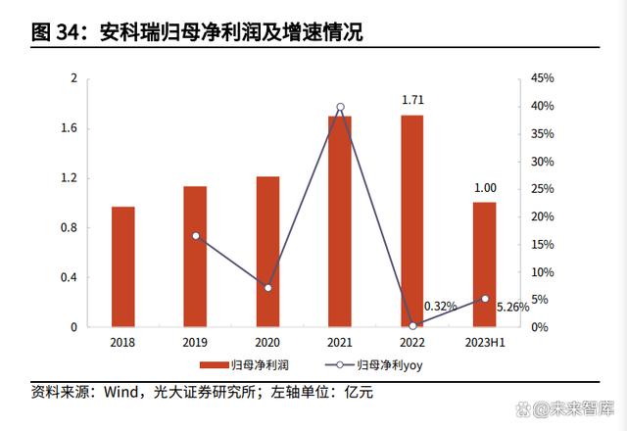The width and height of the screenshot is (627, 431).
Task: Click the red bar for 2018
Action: coord(122,266)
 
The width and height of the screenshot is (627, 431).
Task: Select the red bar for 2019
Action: coord(195,257)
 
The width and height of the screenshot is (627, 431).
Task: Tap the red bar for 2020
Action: coord(267,252)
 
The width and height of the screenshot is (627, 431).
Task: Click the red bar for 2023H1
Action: coord(484,264)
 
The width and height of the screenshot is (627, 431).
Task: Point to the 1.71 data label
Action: coord(412,100)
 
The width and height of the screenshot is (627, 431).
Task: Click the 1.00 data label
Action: coord(484,188)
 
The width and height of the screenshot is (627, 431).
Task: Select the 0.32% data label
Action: coord(441,307)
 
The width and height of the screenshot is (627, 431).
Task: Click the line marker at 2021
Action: coord(340,107)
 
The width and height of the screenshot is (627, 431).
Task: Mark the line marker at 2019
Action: coord(195,236)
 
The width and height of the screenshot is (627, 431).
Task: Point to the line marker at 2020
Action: coord(267,287)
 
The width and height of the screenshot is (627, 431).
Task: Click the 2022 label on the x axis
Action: coord(412,342)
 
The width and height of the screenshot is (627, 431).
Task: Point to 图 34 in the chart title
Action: coord(54,32)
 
